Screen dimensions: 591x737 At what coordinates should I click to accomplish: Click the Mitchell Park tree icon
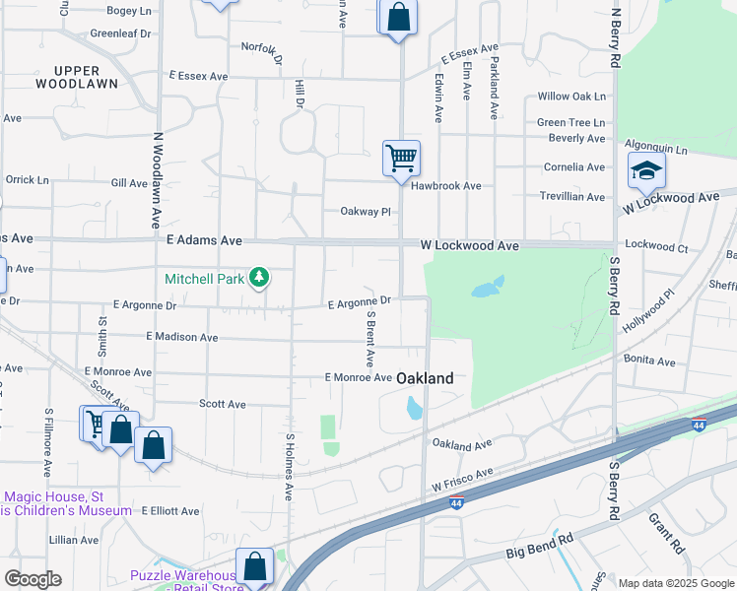(x=259, y=279)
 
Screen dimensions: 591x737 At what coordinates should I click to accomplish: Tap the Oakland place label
(x=426, y=378)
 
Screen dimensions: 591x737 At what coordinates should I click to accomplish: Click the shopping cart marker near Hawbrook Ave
(x=401, y=159)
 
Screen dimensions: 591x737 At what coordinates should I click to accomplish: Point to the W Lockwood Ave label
(x=469, y=245)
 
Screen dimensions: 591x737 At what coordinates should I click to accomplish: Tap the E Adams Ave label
(x=205, y=239)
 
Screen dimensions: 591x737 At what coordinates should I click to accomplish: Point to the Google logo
(x=33, y=579)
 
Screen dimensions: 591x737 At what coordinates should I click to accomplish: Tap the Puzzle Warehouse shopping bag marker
(x=254, y=567)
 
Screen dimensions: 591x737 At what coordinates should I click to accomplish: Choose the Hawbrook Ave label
(x=446, y=185)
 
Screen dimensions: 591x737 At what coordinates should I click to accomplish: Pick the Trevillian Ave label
(x=572, y=197)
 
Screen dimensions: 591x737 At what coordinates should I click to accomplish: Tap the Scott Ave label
(x=223, y=404)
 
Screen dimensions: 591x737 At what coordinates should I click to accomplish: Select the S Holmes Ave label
(x=290, y=467)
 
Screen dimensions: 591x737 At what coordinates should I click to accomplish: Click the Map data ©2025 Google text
(x=676, y=583)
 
